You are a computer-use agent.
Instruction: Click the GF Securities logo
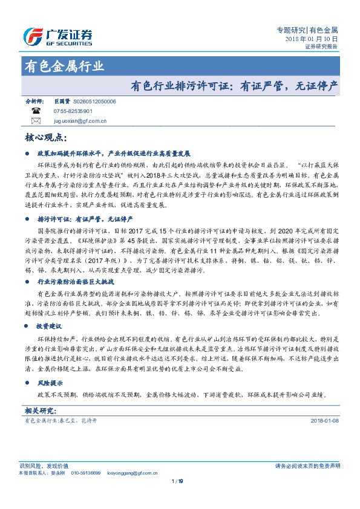(x=58, y=36)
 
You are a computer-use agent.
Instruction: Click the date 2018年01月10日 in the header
(x=311, y=39)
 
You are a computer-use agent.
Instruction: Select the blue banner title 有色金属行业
(x=64, y=66)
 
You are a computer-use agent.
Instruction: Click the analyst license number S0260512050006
(x=94, y=102)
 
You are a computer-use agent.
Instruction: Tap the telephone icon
(x=35, y=112)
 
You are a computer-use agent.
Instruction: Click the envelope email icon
(x=35, y=121)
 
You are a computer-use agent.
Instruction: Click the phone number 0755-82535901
(x=73, y=112)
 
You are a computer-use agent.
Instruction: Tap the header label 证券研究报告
(x=321, y=46)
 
